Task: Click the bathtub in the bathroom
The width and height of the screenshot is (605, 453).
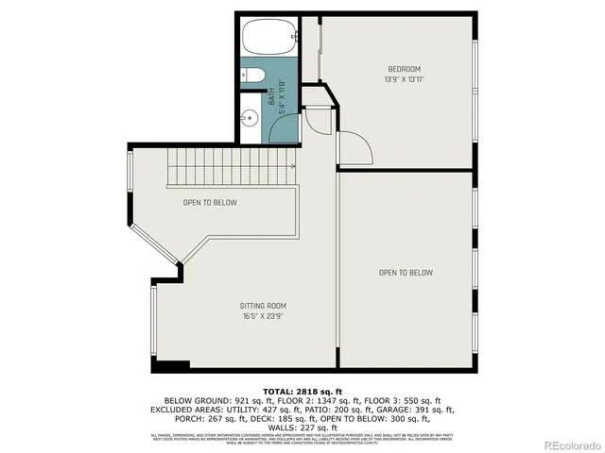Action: (x=269, y=39)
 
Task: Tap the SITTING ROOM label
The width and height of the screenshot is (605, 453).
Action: (x=262, y=306)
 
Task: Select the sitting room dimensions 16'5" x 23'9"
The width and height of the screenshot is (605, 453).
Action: (x=262, y=316)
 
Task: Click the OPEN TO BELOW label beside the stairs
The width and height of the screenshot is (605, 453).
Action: (x=210, y=203)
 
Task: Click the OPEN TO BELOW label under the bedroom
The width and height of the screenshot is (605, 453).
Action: (x=406, y=273)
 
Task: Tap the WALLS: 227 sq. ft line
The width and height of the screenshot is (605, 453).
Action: (x=302, y=427)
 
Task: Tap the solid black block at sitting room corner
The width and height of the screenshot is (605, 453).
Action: (x=171, y=366)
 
